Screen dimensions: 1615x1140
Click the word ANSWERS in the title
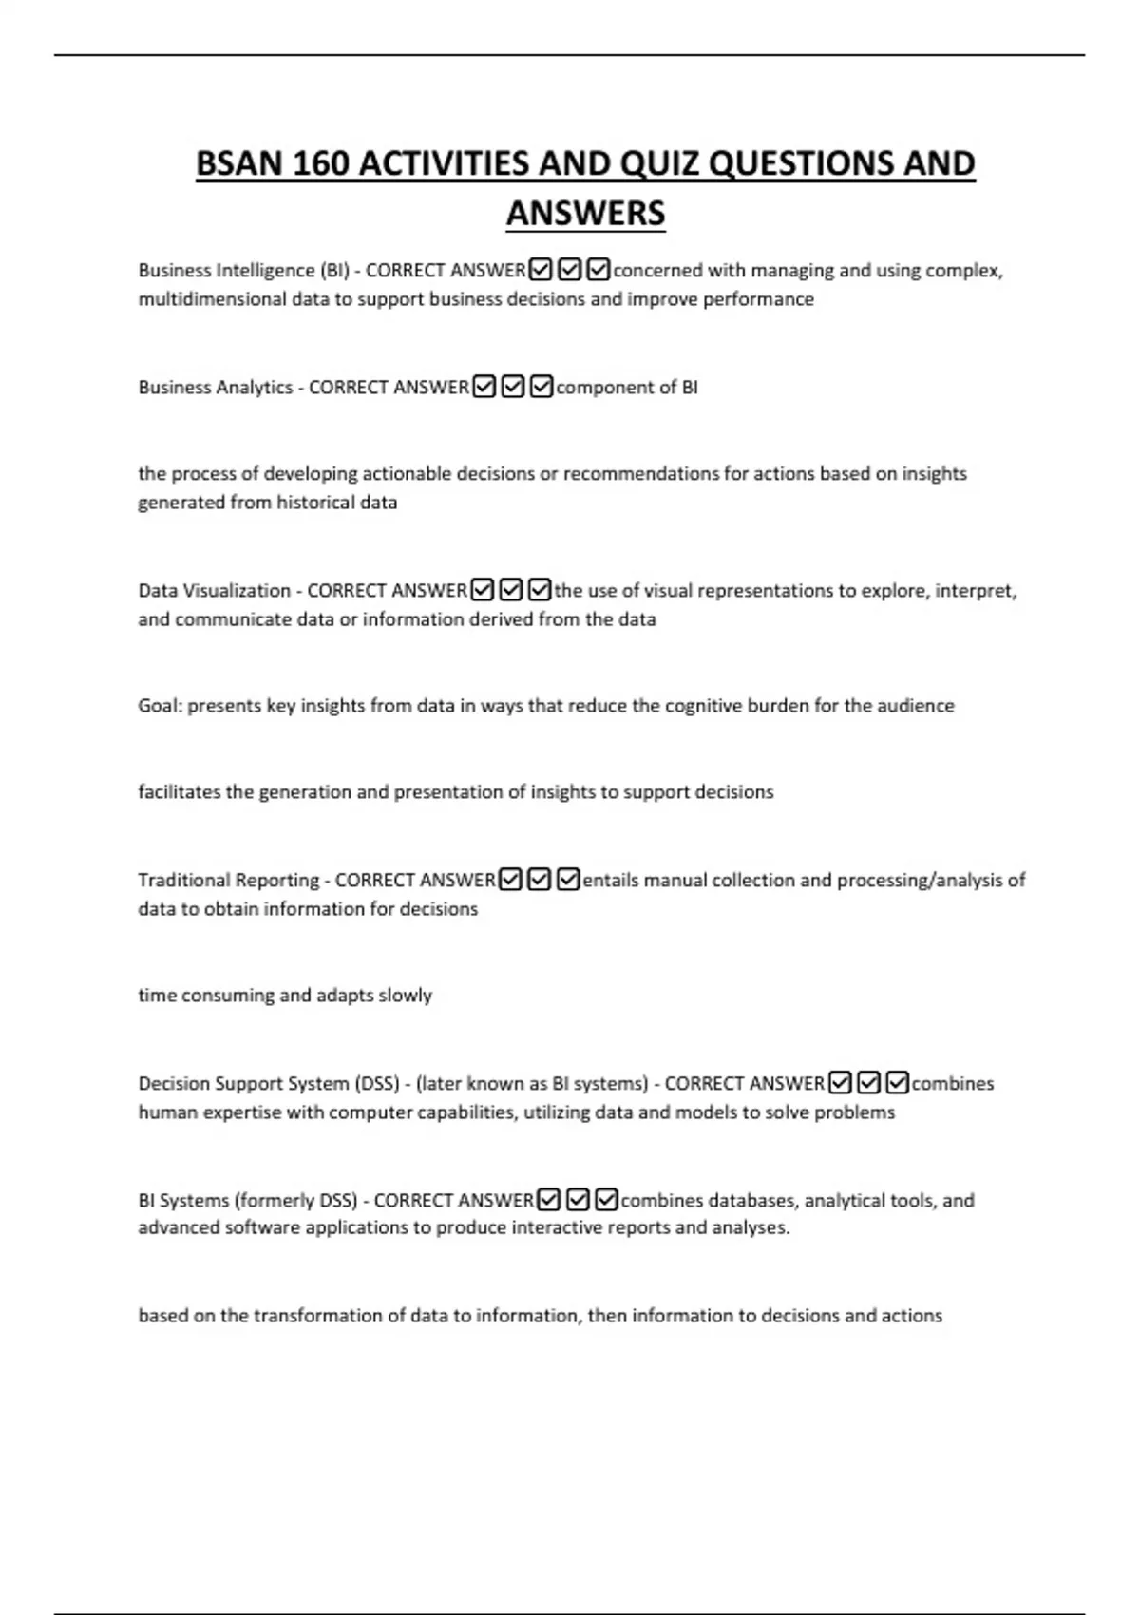585,213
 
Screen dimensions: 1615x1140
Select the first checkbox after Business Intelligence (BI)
541,271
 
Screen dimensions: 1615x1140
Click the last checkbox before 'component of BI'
541,388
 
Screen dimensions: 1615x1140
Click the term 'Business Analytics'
216,388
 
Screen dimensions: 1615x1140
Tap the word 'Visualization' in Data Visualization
237,591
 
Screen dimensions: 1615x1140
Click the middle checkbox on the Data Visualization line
511,591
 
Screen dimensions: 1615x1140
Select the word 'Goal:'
160,706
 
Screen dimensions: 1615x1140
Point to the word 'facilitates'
179,792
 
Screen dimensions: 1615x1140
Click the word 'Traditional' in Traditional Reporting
180,881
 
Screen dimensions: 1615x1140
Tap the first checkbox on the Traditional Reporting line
510,881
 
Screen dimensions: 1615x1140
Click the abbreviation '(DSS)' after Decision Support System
376,1084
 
